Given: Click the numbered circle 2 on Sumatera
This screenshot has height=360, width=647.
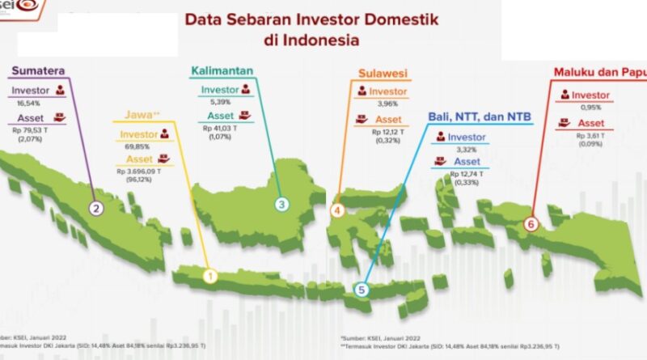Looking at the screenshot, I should pos(96,208).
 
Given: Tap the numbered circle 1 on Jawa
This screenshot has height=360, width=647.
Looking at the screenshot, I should pos(209,277).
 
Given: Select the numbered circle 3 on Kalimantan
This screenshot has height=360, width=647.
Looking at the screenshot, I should pos(281,204).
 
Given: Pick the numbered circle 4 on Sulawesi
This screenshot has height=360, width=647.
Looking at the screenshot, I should pos(338,211).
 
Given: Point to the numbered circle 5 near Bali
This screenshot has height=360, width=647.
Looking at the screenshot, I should pos(362,289).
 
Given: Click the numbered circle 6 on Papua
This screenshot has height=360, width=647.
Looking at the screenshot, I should pos(531,223).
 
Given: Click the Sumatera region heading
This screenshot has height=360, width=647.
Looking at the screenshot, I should pos(36,71).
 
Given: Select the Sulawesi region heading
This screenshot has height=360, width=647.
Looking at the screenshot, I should pos(383,74).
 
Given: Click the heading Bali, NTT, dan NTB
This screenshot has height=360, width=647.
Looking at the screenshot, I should pos(480,118).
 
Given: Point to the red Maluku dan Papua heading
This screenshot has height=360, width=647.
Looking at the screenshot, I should pos(599,72).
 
